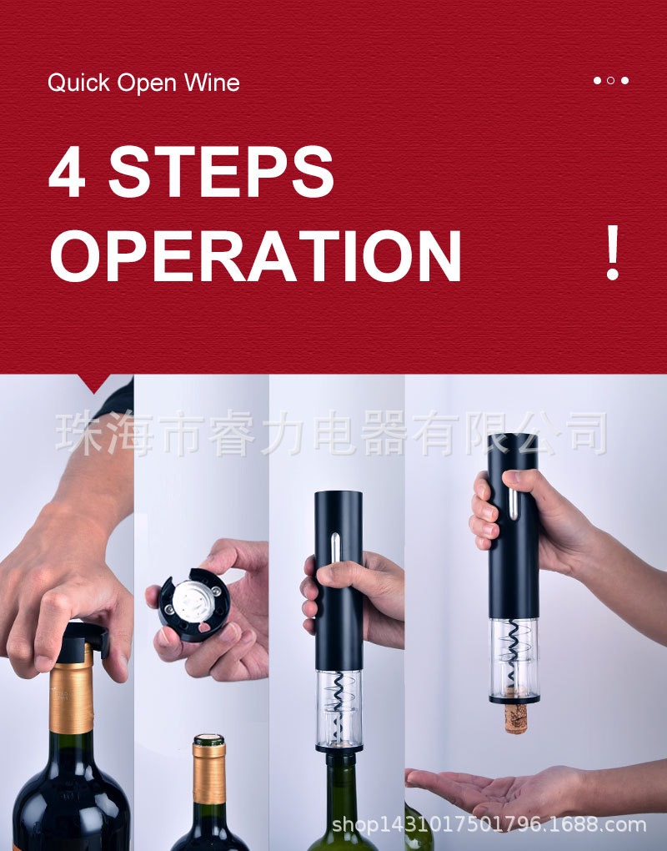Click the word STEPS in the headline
click(x=221, y=171)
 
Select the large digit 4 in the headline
click(x=68, y=171)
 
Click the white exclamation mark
click(x=612, y=253)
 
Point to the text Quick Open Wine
click(x=143, y=83)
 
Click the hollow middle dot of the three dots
click(x=610, y=81)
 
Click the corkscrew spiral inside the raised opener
click(x=513, y=646)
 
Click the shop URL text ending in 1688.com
click(x=489, y=825)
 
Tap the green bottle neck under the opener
click(x=341, y=793)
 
